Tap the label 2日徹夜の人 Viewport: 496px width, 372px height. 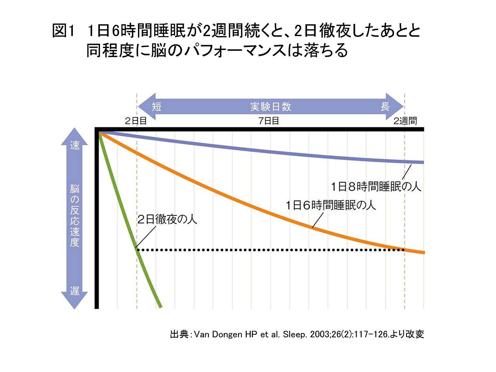click(x=167, y=219)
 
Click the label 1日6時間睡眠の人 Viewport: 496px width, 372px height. click(x=331, y=205)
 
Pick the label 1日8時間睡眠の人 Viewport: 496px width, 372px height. click(x=375, y=187)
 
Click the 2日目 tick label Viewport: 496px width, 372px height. click(x=136, y=121)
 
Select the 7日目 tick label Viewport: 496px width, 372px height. click(x=269, y=121)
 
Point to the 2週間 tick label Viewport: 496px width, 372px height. click(x=405, y=121)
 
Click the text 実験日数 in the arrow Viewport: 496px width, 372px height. click(x=270, y=107)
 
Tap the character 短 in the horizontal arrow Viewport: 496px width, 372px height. click(x=157, y=107)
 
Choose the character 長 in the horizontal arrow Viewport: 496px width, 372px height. click(x=384, y=107)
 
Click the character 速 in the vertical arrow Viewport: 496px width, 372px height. click(x=74, y=145)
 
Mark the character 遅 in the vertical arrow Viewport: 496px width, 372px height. click(x=74, y=291)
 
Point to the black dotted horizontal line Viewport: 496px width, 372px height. click(x=271, y=250)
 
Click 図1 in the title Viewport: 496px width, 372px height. click(x=63, y=31)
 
